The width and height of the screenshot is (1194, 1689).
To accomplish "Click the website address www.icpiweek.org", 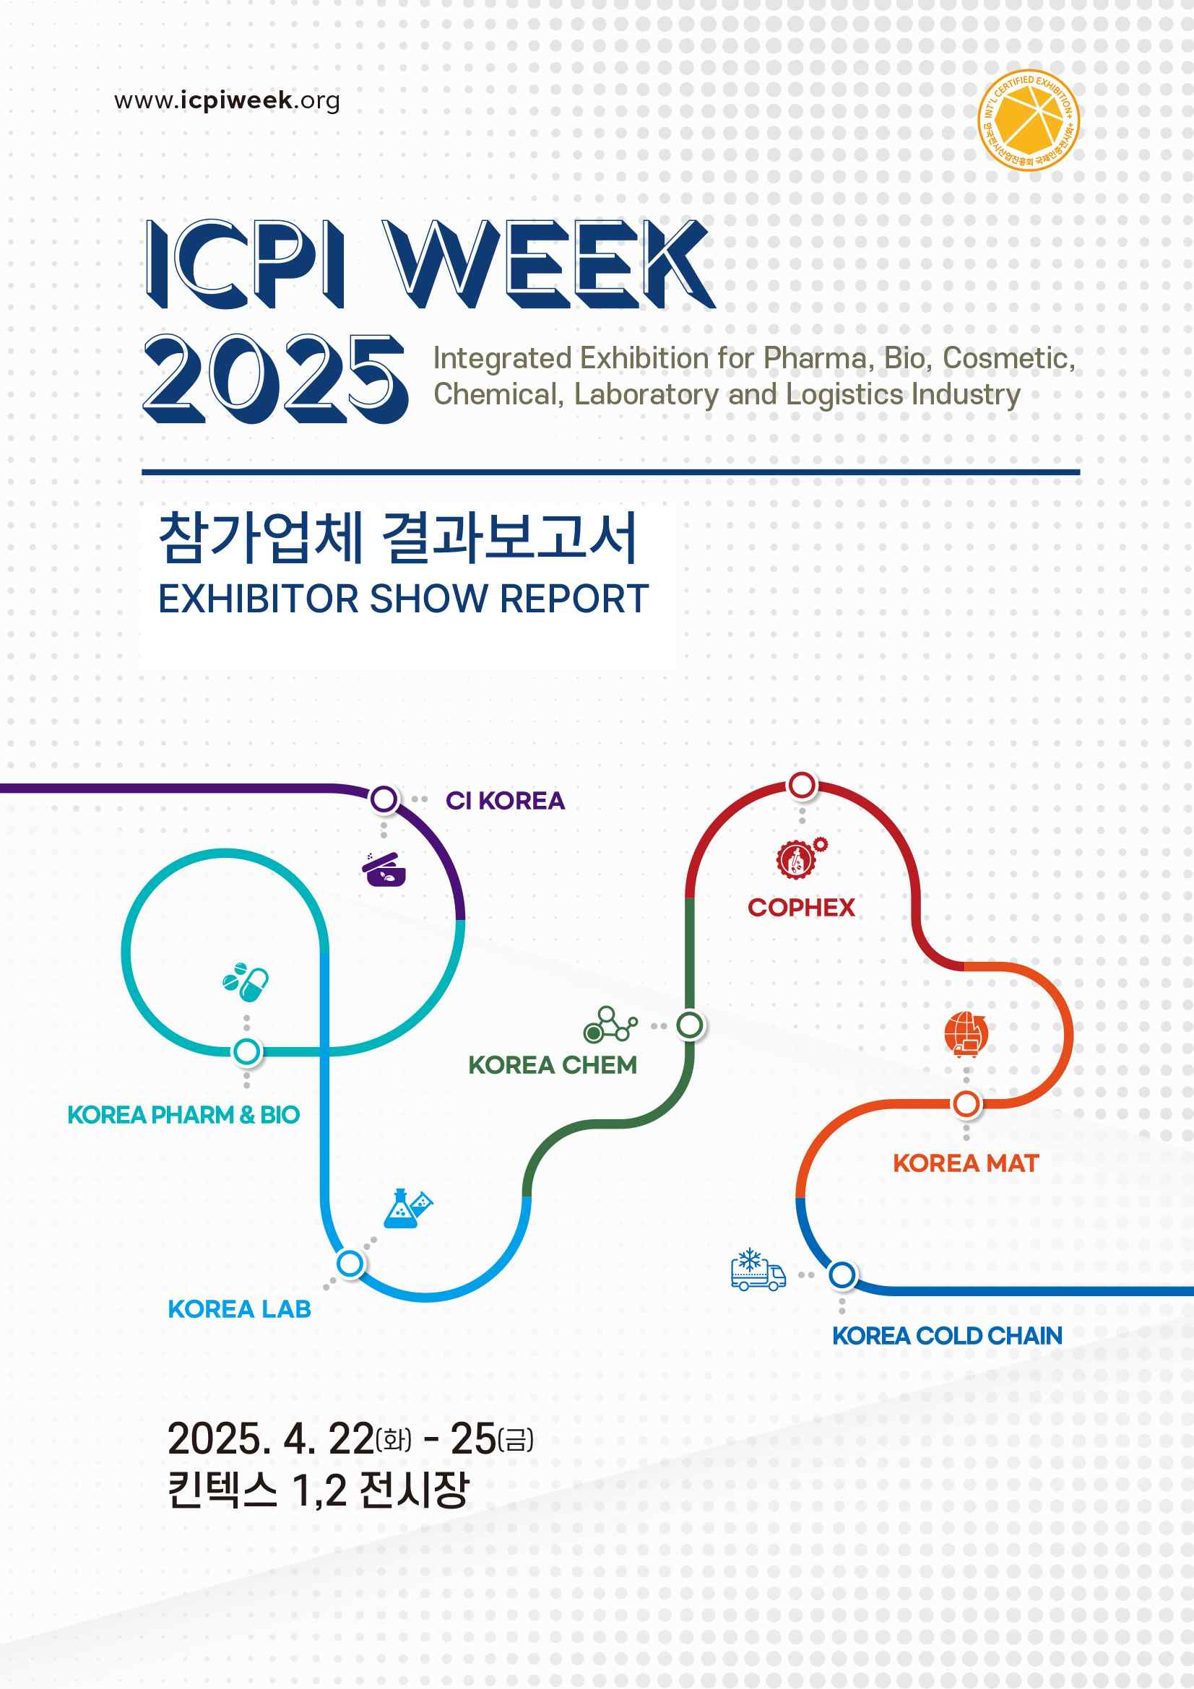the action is coord(227,101).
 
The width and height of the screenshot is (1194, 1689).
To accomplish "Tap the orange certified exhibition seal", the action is coord(1029,121).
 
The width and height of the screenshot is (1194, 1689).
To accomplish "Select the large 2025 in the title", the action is coord(275,379).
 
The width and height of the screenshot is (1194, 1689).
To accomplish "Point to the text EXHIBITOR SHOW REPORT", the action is coord(403,599).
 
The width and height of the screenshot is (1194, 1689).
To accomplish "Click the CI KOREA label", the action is coord(505,800).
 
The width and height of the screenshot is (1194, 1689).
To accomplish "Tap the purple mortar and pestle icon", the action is coord(384,869).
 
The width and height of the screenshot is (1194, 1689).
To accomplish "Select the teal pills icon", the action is coord(246,981).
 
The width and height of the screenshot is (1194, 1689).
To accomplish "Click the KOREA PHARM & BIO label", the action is coord(183,1115).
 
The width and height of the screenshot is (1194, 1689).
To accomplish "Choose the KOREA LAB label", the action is coord(239,1309).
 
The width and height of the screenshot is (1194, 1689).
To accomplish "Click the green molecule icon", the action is coord(610,1025).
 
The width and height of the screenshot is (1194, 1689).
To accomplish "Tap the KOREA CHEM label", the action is coord(553,1065).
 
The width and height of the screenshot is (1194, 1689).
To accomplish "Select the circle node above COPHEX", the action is coord(802,785).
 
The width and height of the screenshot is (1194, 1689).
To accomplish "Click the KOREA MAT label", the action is coord(966,1163).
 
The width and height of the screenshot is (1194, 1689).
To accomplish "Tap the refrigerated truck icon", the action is coord(758,1269).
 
